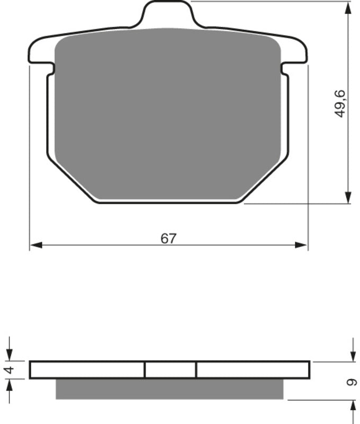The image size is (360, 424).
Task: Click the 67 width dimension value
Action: tap(168, 238)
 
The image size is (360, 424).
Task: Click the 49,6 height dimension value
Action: tap(340, 104)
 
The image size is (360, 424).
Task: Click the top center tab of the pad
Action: tap(168, 13)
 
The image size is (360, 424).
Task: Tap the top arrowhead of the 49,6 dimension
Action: tap(348, 7)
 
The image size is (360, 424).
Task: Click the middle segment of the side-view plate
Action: tap(170, 369)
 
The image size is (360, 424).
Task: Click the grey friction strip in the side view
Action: tap(169, 389)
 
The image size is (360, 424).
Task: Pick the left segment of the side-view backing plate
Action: tap(87, 369)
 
